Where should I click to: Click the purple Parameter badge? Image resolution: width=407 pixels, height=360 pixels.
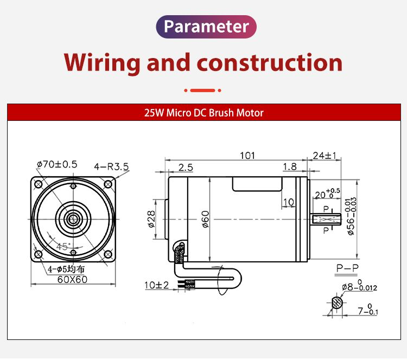click(x=206, y=27)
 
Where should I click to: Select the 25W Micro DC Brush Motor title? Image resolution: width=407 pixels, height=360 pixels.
click(x=203, y=113)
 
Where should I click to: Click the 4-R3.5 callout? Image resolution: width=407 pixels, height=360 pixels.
click(x=111, y=166)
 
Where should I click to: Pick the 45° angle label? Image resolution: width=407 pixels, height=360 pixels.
click(x=63, y=246)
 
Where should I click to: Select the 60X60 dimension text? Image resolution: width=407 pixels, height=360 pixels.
click(x=72, y=280)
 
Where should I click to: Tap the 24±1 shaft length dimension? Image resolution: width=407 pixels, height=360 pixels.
click(x=325, y=156)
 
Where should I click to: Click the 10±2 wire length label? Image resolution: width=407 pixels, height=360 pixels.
click(x=157, y=285)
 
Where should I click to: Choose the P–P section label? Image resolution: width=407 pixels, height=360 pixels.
click(x=347, y=268)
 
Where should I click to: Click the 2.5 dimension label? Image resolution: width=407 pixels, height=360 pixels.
click(x=186, y=168)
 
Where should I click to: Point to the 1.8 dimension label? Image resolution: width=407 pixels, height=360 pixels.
click(x=290, y=168)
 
